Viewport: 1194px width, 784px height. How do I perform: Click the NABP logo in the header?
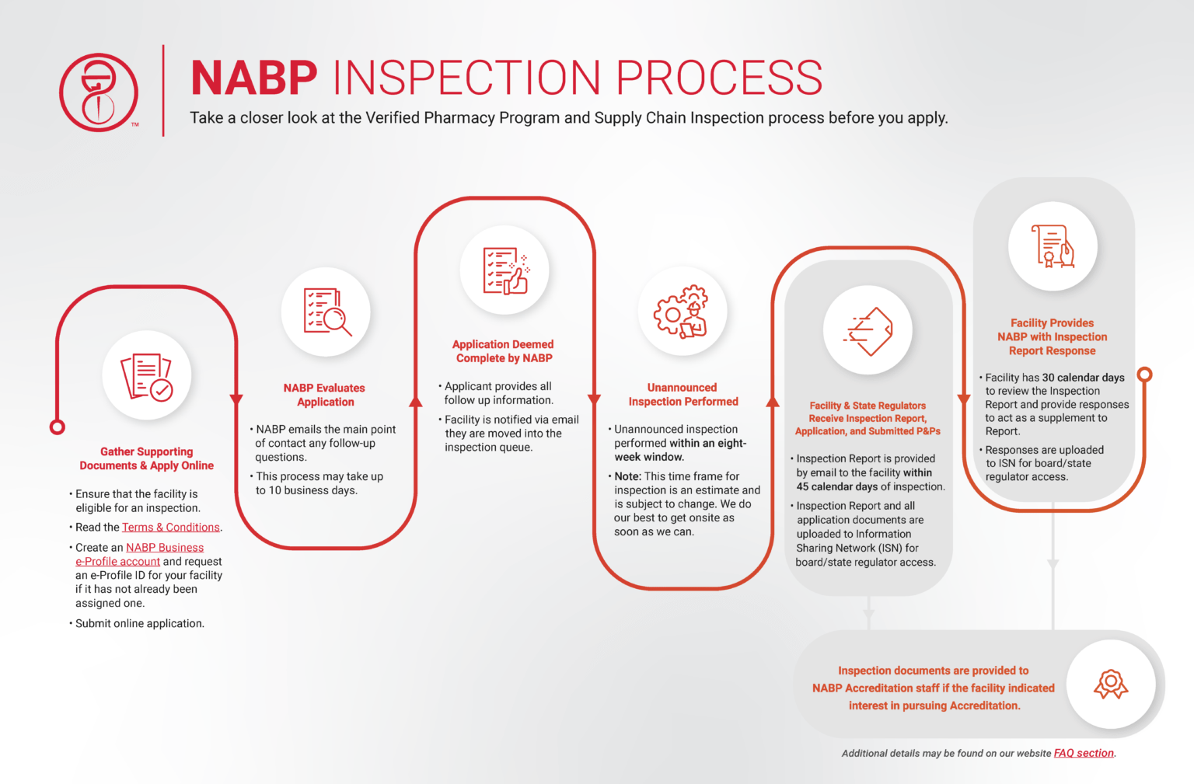99,92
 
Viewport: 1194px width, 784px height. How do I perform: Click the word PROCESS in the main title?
719,78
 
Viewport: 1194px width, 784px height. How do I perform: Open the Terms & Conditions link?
170,527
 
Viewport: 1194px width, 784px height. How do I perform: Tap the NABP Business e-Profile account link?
165,548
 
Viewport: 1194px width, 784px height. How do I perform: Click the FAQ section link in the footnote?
1084,753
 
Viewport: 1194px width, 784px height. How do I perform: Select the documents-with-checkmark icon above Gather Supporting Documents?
147,377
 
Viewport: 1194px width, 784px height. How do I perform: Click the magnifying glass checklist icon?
326,312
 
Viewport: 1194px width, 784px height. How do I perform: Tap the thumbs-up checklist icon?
505,270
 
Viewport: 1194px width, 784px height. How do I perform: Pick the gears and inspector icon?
683,312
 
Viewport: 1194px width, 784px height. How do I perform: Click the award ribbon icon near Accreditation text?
1111,685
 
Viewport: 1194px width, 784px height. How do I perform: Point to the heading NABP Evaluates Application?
324,395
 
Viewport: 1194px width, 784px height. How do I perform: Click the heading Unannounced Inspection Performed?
683,394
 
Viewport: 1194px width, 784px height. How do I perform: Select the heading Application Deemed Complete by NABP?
504,351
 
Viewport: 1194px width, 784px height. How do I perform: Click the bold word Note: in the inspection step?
627,476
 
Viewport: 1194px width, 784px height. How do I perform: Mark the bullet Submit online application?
140,623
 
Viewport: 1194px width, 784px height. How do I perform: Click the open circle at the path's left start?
58,427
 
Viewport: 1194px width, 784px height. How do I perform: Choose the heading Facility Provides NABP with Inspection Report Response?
1052,336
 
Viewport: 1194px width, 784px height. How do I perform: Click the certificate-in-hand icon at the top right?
1053,246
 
